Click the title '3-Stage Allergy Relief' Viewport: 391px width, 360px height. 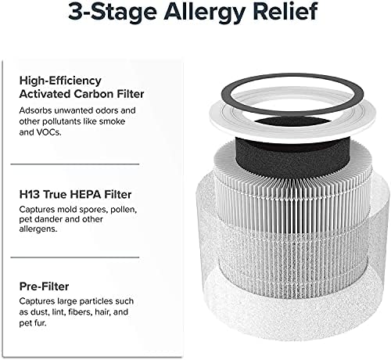click(x=195, y=13)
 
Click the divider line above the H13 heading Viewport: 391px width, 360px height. click(x=75, y=163)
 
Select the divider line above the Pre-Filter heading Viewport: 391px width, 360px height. click(x=75, y=257)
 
